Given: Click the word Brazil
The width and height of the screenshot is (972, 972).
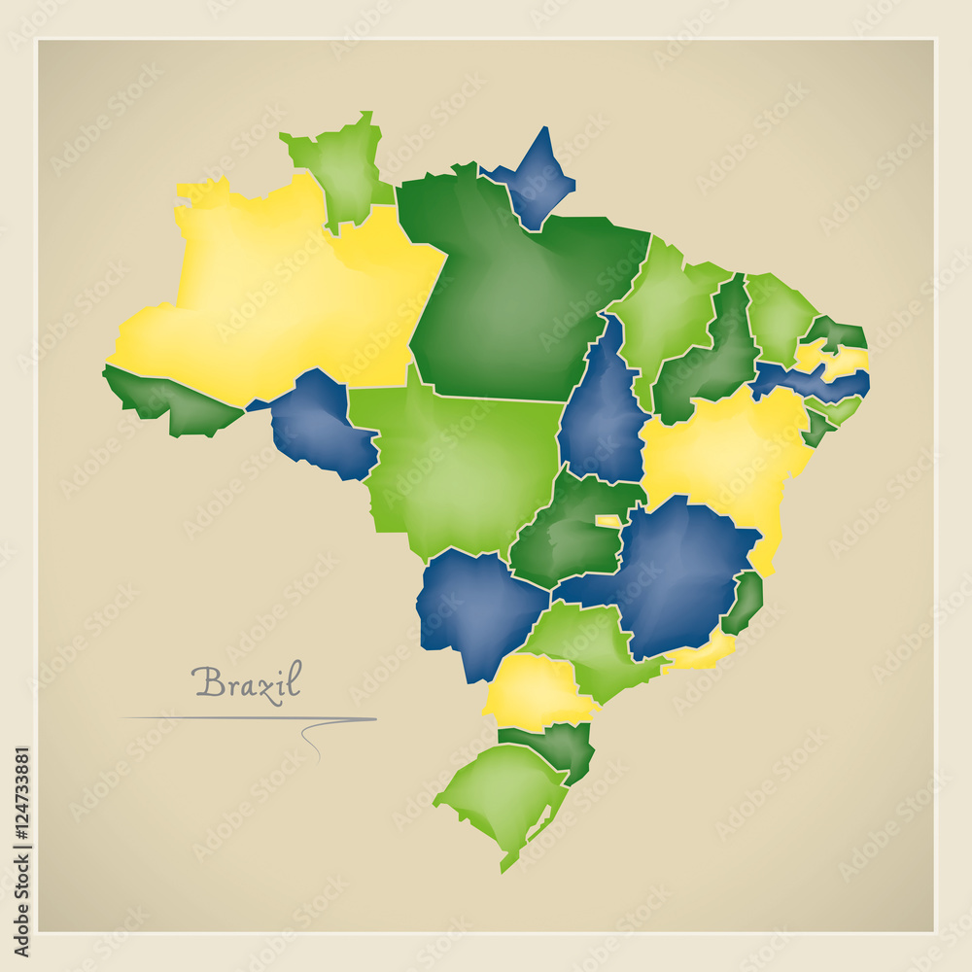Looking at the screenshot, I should coord(247,681).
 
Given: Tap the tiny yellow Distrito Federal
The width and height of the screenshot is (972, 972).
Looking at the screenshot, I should coord(608,521).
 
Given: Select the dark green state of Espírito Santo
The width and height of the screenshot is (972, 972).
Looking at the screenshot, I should coord(746,601).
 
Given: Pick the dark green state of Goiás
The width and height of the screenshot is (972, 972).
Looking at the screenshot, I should coord(564,535).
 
